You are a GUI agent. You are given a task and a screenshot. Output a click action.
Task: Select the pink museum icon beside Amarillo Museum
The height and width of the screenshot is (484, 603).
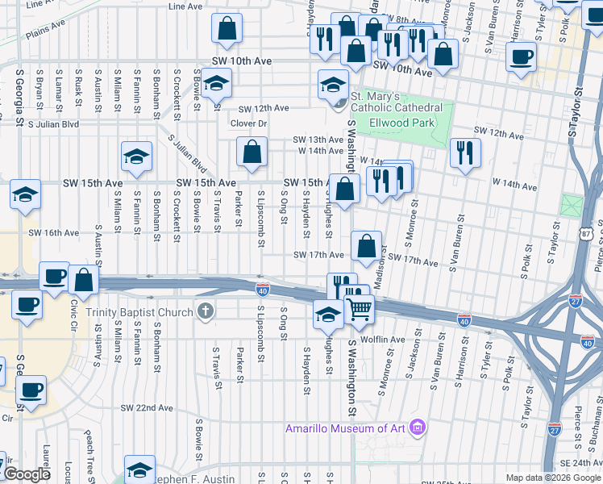coord(417,426)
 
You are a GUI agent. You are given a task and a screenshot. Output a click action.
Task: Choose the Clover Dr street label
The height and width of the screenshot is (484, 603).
coord(247,123)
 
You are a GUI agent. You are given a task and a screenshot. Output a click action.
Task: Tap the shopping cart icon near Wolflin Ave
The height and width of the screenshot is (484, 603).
coord(359,308)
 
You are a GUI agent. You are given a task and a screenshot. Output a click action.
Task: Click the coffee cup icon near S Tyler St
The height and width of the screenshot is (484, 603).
coord(521,56)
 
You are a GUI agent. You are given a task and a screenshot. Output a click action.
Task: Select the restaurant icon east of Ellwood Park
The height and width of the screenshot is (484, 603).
coord(464,152)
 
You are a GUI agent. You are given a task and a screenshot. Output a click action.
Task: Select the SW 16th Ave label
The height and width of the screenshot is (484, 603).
coord(53,233)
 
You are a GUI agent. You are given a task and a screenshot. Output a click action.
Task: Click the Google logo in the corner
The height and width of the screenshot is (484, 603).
coord(26,474)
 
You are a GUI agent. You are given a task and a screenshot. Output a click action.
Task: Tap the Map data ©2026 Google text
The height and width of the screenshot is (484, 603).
coord(552,478)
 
